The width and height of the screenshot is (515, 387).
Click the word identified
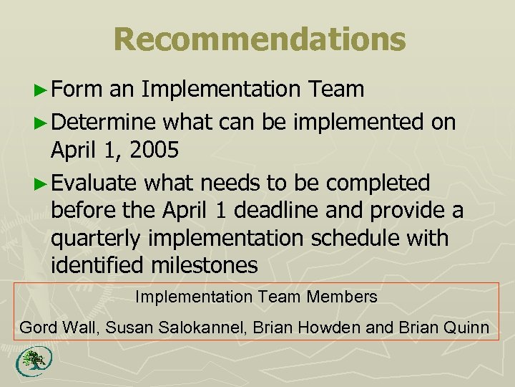[98, 266]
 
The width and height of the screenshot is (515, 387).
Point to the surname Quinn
[469, 328]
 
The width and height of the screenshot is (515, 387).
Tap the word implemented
[355, 123]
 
